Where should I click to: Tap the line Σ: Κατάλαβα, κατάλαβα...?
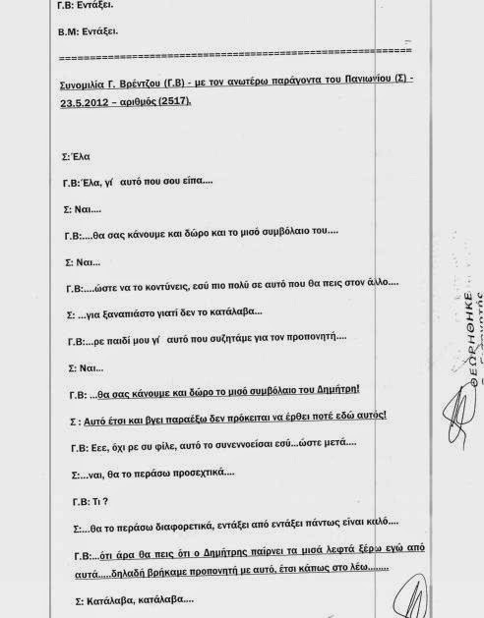point(122,599)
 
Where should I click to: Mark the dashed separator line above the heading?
point(237,49)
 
